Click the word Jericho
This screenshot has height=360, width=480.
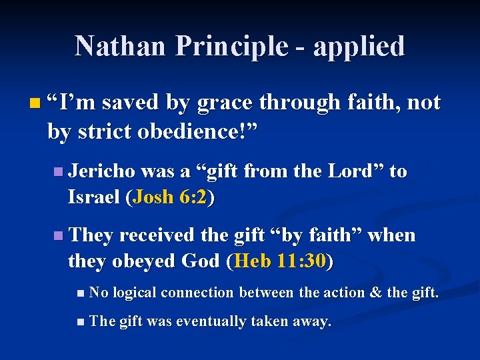[97, 171]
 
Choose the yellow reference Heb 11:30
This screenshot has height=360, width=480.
[279, 261]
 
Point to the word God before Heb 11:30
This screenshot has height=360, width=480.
[204, 261]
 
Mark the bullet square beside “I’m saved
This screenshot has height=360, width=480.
[35, 104]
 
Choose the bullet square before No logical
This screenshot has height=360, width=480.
[81, 293]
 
